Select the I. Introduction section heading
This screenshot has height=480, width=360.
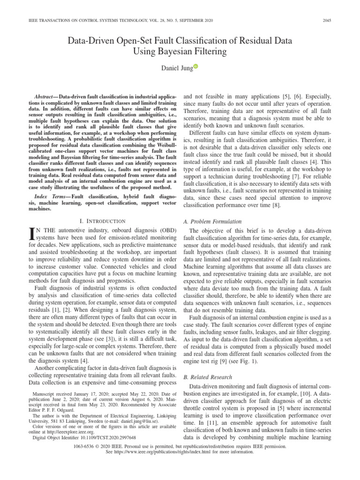pos(101,221)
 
